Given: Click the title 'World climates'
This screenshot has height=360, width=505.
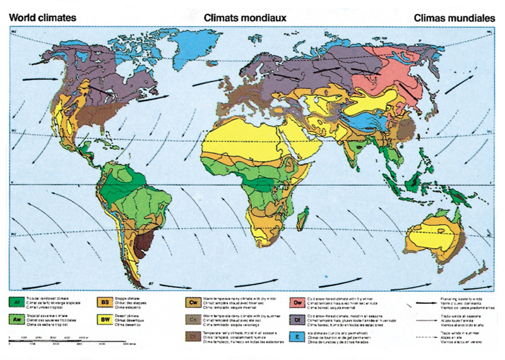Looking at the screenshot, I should tap(43, 18).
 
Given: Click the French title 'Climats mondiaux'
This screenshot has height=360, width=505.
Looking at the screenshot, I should tap(246, 18).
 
